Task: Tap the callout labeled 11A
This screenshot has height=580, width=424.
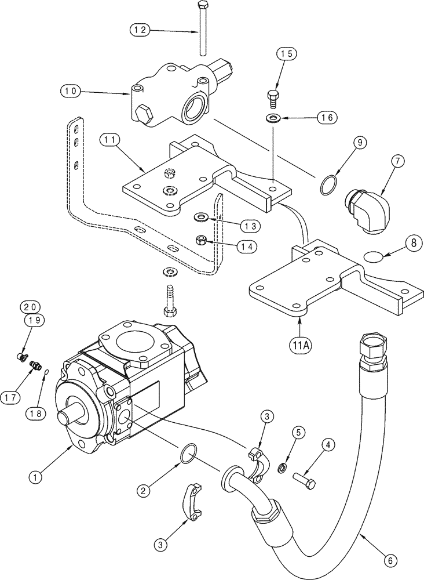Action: tap(300, 345)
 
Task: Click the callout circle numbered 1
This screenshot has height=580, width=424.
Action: tap(36, 477)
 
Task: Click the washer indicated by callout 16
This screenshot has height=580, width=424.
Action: tap(272, 119)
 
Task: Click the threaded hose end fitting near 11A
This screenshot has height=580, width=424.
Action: tap(369, 346)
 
